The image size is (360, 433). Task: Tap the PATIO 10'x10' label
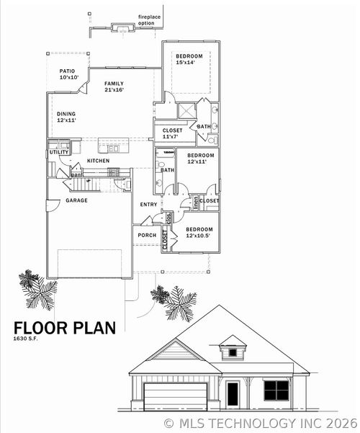pyautogui.click(x=68, y=74)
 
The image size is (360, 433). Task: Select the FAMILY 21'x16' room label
pyautogui.click(x=114, y=86)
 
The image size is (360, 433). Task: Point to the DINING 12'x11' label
pyautogui.click(x=66, y=117)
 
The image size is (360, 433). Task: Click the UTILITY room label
pyautogui.click(x=59, y=152)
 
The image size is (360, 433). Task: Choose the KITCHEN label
pyautogui.click(x=98, y=160)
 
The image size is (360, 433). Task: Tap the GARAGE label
pyautogui.click(x=76, y=200)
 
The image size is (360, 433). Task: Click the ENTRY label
pyautogui.click(x=148, y=205)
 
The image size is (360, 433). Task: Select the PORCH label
pyautogui.click(x=147, y=235)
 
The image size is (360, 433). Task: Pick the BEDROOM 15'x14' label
pyautogui.click(x=189, y=60)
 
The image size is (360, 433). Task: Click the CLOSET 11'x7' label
pyautogui.click(x=172, y=133)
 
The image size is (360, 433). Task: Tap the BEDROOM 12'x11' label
pyautogui.click(x=201, y=159)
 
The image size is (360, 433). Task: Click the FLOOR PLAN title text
pyautogui.click(x=64, y=328)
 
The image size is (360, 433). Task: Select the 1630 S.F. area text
pyautogui.click(x=27, y=339)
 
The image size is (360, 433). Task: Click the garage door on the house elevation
pyautogui.click(x=175, y=396)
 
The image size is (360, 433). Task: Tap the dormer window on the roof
pyautogui.click(x=232, y=352)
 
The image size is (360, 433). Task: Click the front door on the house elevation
pyautogui.click(x=233, y=394)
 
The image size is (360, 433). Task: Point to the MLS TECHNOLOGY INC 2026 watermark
pyautogui.click(x=260, y=423)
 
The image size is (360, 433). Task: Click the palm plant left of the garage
pyautogui.click(x=37, y=289)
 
